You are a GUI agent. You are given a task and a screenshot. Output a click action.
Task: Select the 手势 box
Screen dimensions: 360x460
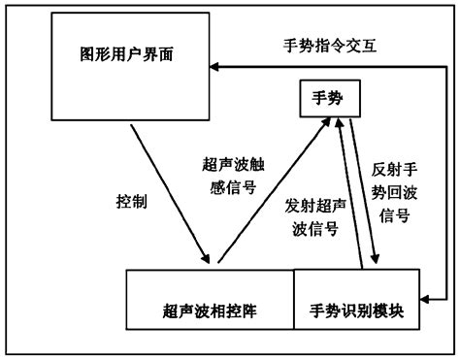(x=324, y=100)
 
